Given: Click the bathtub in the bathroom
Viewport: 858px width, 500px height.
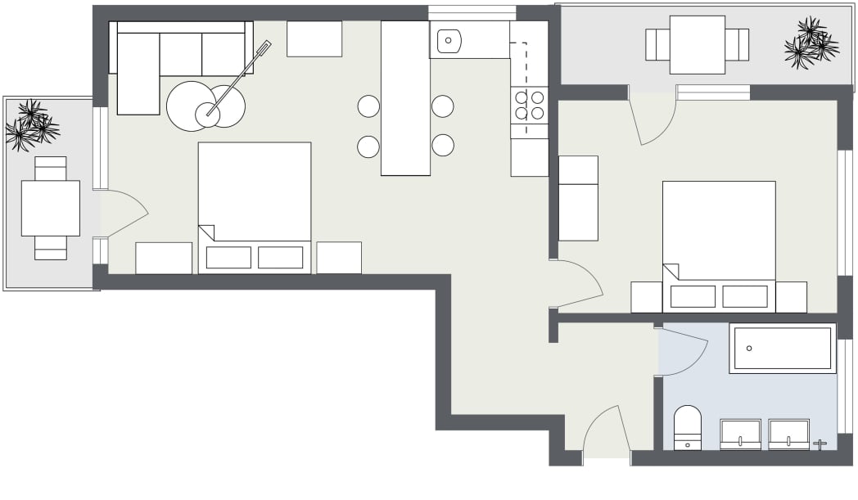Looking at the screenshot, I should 783,349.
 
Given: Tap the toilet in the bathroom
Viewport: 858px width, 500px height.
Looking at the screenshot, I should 688,427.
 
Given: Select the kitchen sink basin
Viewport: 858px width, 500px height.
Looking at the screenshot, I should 449,39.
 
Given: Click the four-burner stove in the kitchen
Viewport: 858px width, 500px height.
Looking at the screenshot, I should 529,105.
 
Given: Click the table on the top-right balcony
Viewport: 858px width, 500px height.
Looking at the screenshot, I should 697,44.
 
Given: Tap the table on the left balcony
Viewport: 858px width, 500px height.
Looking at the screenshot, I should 50,208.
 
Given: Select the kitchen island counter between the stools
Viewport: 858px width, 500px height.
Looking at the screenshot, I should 405,98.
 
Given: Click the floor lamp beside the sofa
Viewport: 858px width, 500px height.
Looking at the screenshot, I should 237,79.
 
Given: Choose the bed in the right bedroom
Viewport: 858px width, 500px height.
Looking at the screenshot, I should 718,237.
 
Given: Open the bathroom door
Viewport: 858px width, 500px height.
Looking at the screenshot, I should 683,350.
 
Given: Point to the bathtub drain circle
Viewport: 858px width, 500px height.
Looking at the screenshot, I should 749,348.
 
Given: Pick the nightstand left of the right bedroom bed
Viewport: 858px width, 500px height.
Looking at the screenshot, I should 646,297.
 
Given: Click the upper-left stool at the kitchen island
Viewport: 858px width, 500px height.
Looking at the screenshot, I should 368,106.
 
